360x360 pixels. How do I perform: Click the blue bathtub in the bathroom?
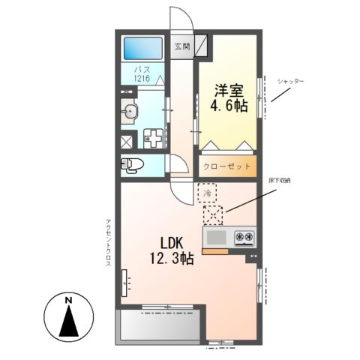pyautogui.click(x=142, y=49)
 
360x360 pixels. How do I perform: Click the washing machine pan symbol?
pyautogui.click(x=155, y=139)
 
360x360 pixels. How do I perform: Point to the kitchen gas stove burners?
pyautogui.click(x=244, y=238)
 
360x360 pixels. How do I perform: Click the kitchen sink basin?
pyautogui.click(x=217, y=238)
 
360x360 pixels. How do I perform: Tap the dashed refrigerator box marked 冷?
pyautogui.click(x=208, y=193)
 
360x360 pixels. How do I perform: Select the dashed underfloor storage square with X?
pyautogui.click(x=214, y=216)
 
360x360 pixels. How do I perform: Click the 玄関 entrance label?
pyautogui.click(x=182, y=46)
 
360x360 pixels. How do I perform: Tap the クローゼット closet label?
pyautogui.click(x=226, y=166)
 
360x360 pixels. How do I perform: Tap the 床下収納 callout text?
pyautogui.click(x=281, y=180)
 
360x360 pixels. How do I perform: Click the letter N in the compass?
pyautogui.click(x=68, y=301)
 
